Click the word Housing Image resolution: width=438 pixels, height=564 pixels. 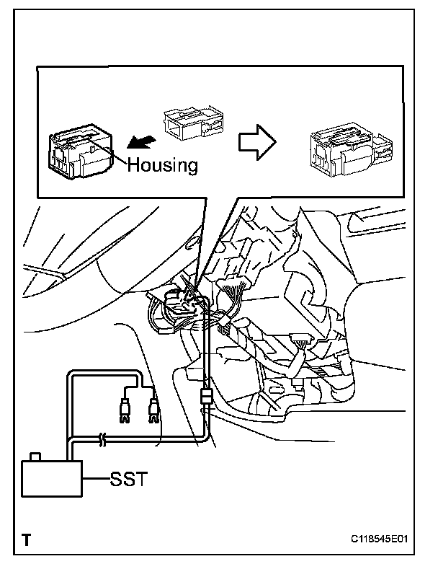point(162,164)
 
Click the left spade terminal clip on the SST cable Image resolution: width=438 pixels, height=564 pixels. point(125,414)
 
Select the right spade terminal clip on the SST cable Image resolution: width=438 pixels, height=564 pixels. point(152,413)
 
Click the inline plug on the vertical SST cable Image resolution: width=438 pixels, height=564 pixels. point(206,397)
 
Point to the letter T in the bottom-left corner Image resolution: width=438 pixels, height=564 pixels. point(26,538)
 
